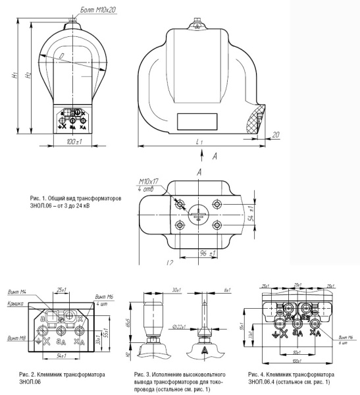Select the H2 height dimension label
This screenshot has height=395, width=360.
26,77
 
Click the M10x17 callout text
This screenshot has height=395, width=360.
149,182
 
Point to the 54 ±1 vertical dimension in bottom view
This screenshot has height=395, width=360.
251,213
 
